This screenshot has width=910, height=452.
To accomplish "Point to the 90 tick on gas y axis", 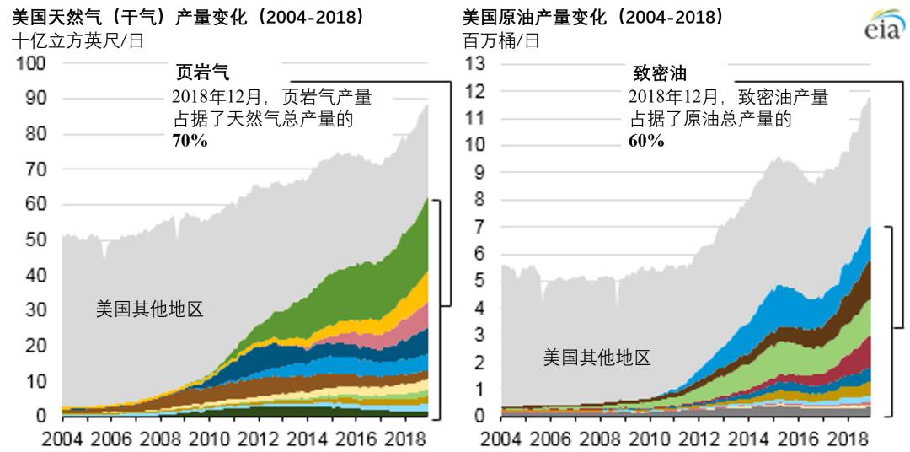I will click(36, 99).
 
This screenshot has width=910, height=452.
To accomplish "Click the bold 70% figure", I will click(190, 141).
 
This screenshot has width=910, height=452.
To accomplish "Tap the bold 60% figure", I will click(646, 141).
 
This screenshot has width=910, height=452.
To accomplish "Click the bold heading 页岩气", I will click(201, 73).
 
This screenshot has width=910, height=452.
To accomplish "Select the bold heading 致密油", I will click(660, 73).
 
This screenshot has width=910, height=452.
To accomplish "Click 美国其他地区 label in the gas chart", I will click(149, 309).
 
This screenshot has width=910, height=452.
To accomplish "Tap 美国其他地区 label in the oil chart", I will click(597, 357).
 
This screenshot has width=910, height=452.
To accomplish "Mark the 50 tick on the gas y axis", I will click(36, 240).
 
